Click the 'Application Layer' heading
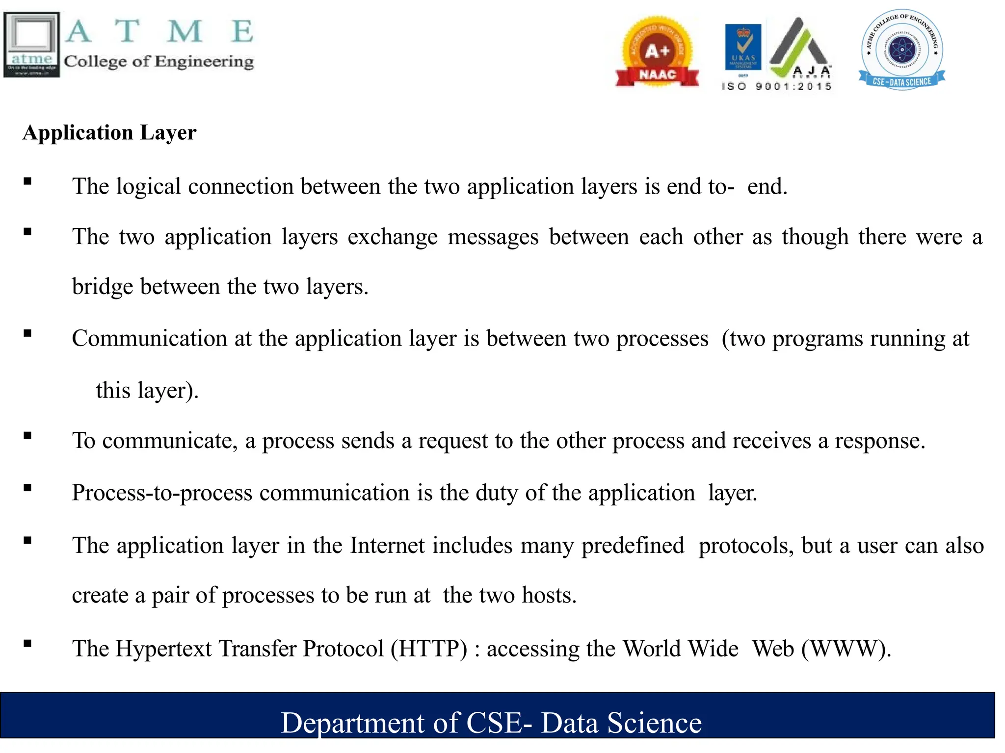109,133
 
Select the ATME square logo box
32,45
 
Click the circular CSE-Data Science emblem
901,50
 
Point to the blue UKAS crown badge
743,47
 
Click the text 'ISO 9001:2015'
776,87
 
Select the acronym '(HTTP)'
429,649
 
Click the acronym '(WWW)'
846,649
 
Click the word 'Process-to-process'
162,493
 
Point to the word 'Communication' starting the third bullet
149,339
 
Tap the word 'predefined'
633,546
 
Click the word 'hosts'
546,595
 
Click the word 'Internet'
387,546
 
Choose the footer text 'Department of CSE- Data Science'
491,723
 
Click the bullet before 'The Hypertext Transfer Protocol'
27,644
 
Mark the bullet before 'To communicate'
27,435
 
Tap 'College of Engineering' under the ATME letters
159,61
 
